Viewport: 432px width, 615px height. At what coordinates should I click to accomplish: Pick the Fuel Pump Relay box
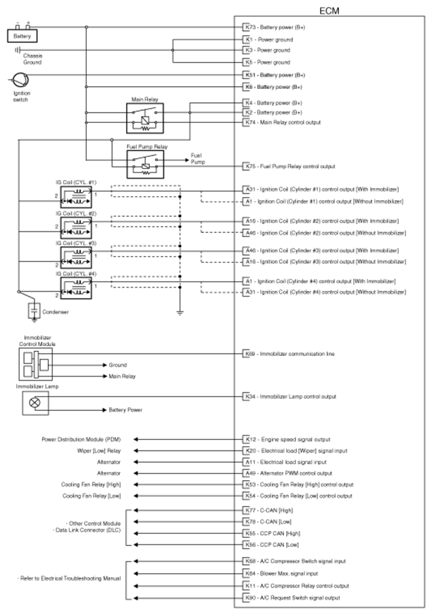coord(145,165)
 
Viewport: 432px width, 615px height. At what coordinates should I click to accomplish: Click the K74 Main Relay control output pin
coord(247,122)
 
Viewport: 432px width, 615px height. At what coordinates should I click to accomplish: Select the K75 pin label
coord(247,167)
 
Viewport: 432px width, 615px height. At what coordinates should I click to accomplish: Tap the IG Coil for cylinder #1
coord(73,195)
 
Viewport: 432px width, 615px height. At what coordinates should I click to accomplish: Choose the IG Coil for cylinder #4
coord(73,287)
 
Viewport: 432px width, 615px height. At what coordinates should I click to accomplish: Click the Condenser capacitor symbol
coord(32,310)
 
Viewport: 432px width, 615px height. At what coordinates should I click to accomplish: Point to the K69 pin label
coord(247,352)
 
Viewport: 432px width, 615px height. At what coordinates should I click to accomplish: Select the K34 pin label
coord(247,397)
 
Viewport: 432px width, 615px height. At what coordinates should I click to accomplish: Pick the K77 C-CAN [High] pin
coord(247,509)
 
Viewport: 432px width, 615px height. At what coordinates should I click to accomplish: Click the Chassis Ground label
coord(32,59)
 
